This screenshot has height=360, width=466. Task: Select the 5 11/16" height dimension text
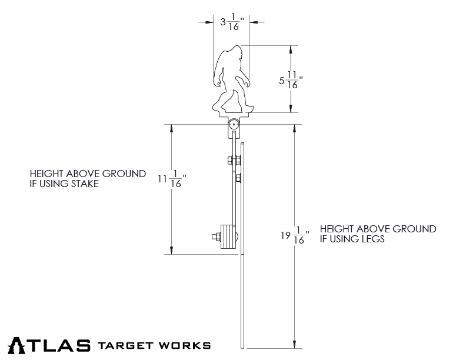[x=291, y=79]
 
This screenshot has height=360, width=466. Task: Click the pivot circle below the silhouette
[x=234, y=125]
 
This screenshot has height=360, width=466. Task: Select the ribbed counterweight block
[x=227, y=238]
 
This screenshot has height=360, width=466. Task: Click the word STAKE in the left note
[x=83, y=184]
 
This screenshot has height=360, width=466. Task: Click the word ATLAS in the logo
[x=49, y=344]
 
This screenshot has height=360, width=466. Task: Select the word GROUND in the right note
[x=416, y=229]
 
